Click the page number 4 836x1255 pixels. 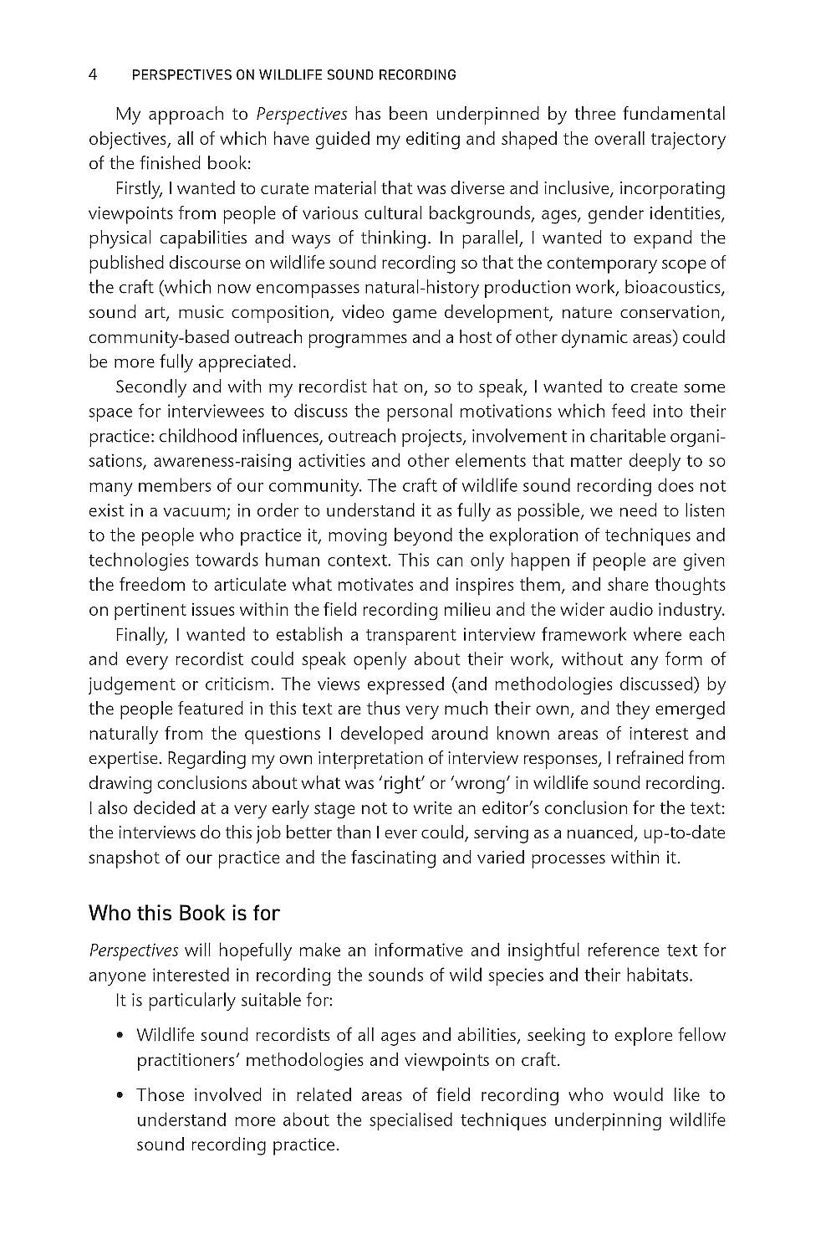(94, 75)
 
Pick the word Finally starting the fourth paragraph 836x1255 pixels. (140, 635)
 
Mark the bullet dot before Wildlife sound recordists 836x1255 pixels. (122, 1036)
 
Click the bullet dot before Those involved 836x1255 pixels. (122, 1095)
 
